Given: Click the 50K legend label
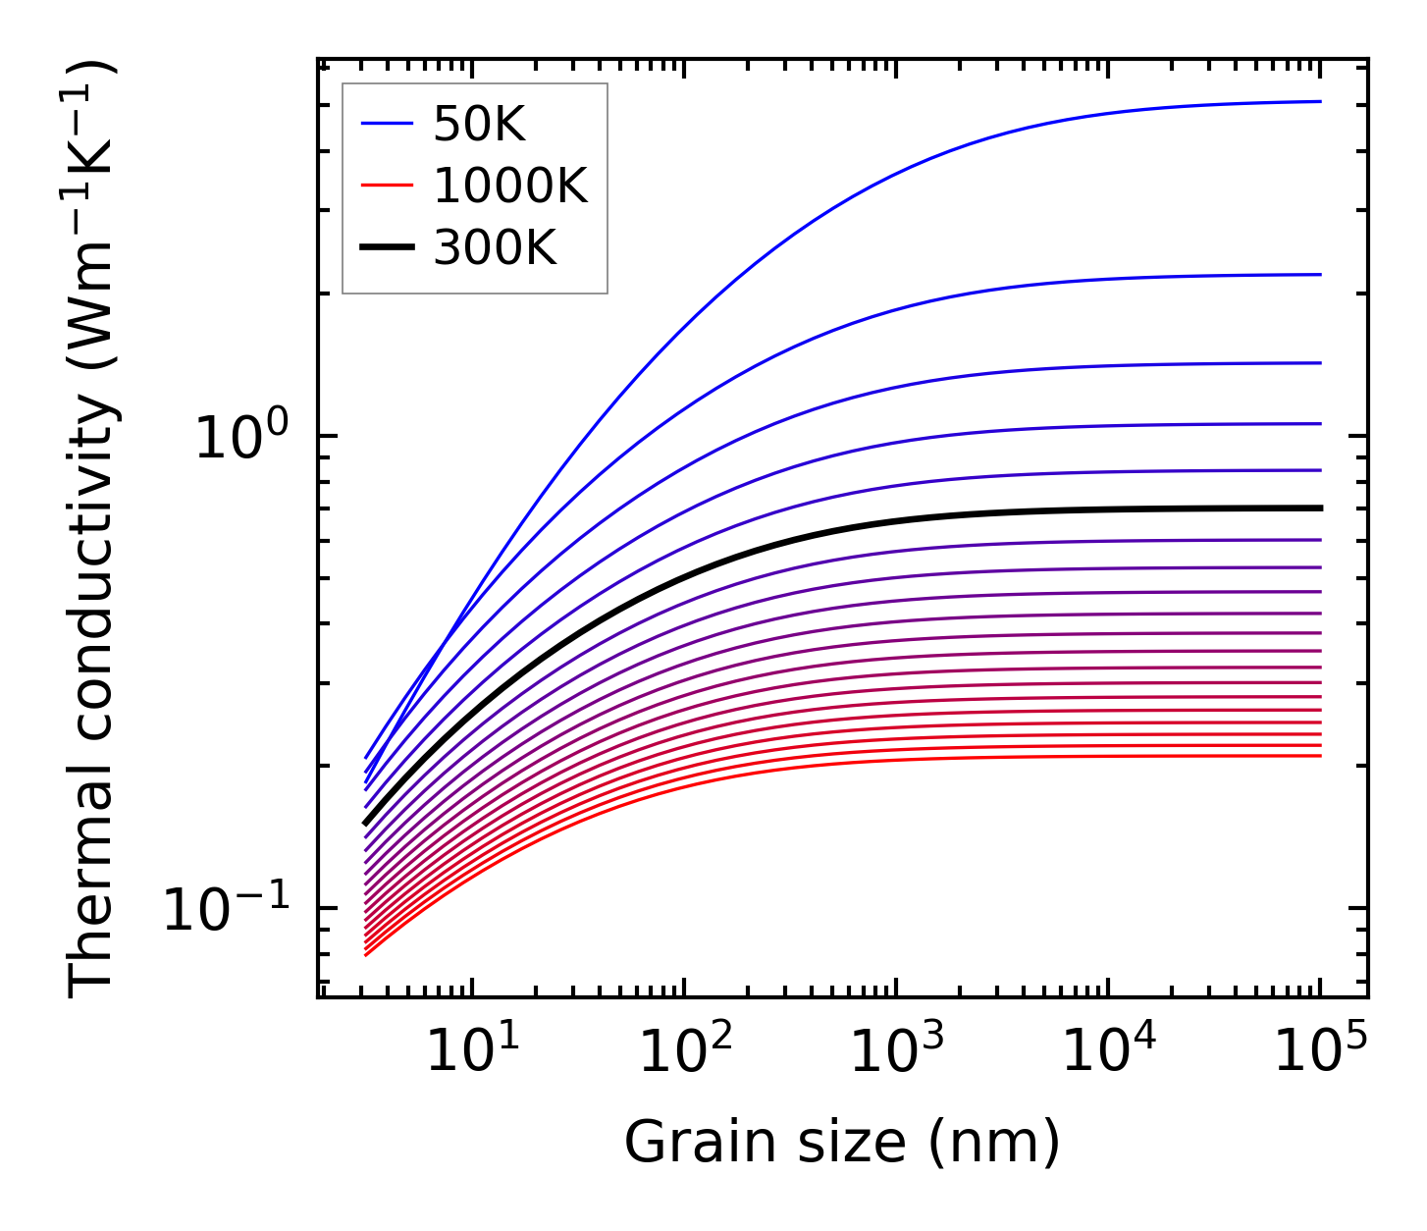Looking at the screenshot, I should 480,125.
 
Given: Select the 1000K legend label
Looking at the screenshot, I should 510,186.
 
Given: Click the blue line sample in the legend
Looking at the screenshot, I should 388,125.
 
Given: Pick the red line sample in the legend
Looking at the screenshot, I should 388,186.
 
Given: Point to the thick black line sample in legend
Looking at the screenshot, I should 388,248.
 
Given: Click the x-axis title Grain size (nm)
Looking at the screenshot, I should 842,1144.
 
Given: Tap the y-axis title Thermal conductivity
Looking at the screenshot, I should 93,528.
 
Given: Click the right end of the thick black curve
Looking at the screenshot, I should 1320,508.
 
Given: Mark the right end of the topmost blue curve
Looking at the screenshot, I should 1320,101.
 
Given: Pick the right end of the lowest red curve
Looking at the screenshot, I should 1320,755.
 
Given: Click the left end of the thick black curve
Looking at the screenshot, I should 365,824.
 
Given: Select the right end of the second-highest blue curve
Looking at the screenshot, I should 1320,275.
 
